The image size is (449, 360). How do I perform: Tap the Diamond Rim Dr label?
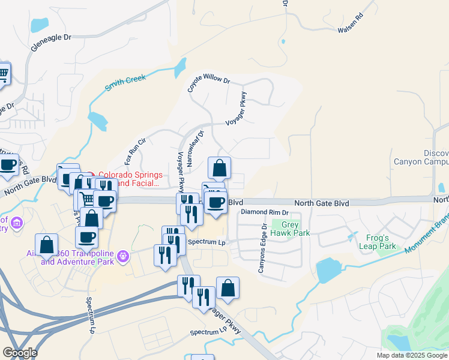(265, 212)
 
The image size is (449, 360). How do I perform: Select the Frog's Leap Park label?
(378, 241)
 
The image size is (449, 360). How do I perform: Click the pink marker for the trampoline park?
(124, 256)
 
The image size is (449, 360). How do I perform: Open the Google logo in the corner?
(20, 353)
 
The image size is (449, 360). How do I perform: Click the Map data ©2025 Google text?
(411, 355)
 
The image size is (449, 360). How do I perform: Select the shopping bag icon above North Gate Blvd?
(220, 168)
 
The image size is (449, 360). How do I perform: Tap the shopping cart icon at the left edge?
(4, 74)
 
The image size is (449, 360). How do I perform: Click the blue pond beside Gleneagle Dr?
(40, 25)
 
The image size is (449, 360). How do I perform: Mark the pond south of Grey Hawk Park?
(328, 271)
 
